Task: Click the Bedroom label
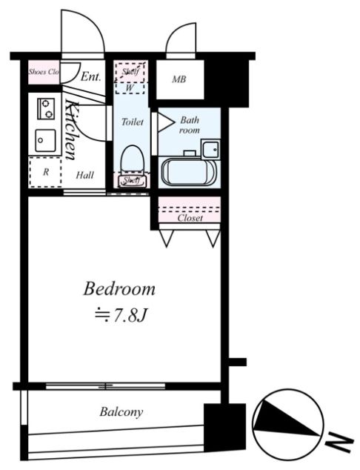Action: coord(119,289)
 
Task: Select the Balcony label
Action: coord(121,412)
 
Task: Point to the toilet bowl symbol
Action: coord(132,159)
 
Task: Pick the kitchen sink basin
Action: coord(45,141)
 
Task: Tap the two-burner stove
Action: coord(46,108)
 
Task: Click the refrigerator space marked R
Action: coord(45,172)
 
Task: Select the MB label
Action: coord(179,79)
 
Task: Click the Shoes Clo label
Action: coord(44,72)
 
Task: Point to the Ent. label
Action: coord(91,77)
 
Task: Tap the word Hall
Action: coord(84,175)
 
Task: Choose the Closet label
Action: coord(190,218)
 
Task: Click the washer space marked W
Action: coord(130,88)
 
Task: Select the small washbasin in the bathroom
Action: coord(210,149)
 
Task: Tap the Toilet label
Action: coord(133,122)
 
